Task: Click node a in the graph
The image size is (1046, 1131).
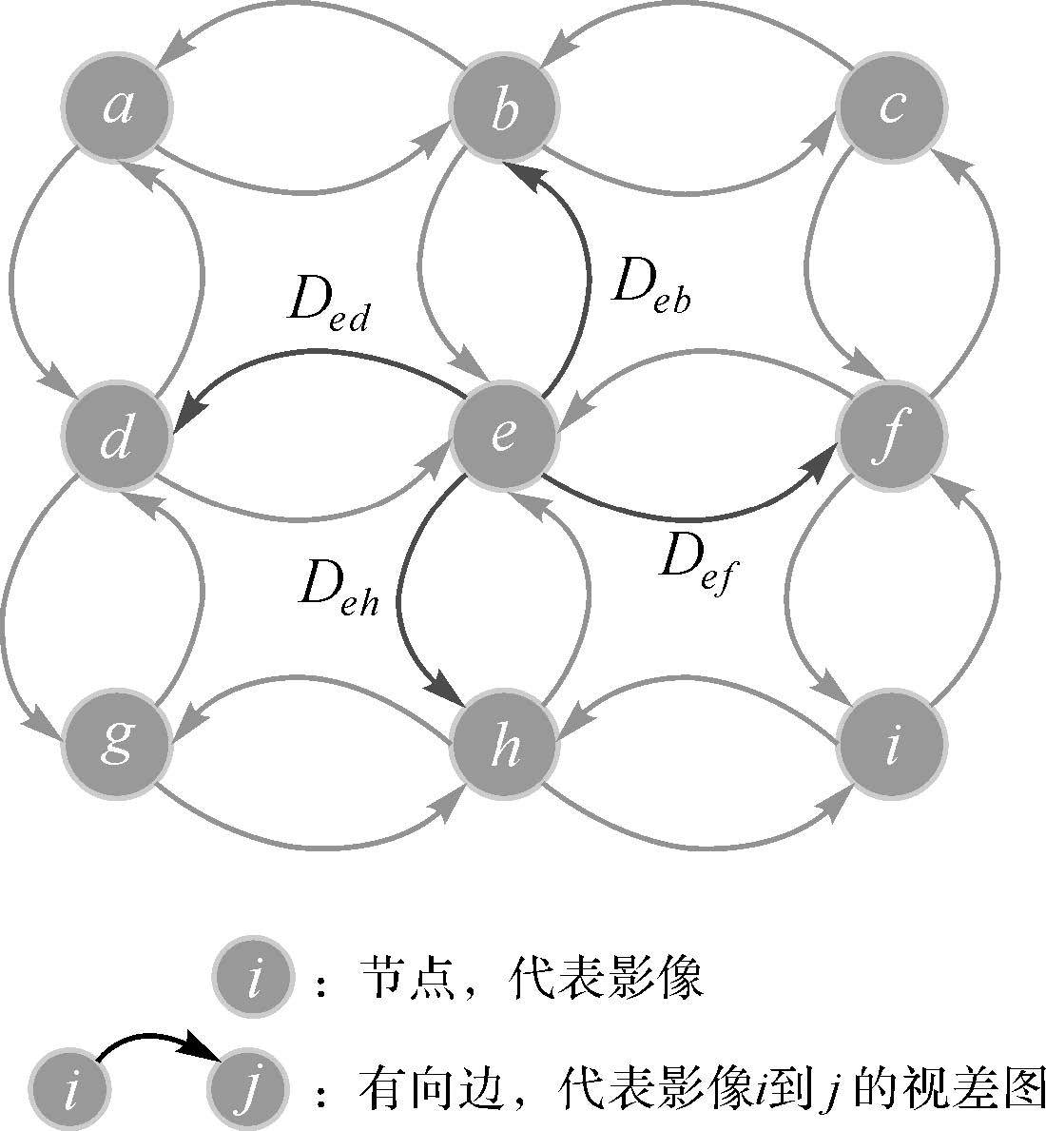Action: coord(117,107)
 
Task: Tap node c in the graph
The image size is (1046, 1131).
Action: coord(891,107)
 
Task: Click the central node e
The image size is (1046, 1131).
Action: coord(504,435)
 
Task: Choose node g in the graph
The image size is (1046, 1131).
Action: coord(117,743)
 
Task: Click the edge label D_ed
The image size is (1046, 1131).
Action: coord(328,306)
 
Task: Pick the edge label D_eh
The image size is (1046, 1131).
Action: coord(339,589)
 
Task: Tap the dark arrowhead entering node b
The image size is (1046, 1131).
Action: coord(519,174)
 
